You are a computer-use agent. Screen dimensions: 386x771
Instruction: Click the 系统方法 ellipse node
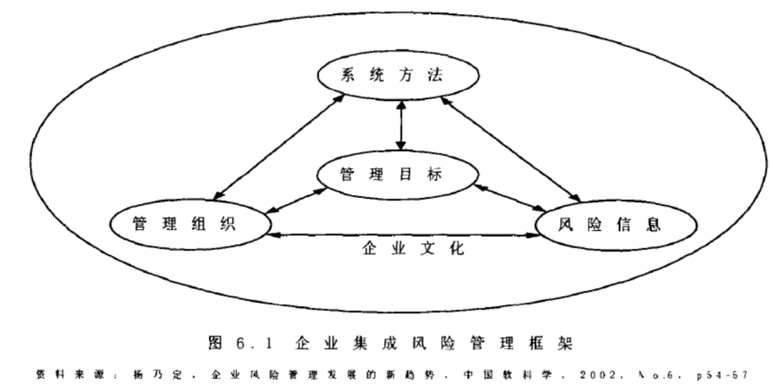[x=400, y=76]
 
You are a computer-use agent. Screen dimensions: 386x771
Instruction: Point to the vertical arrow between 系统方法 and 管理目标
[x=401, y=126]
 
